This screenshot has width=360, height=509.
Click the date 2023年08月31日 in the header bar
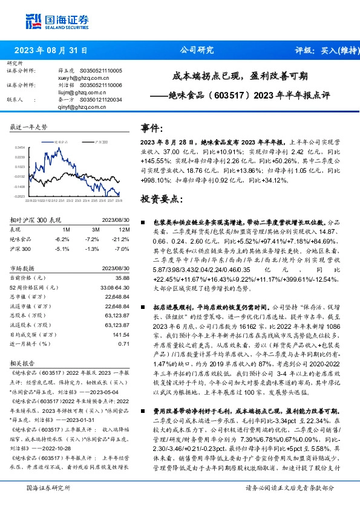51,51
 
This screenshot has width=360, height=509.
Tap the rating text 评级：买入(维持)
325,51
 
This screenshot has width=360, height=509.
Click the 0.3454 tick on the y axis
20,148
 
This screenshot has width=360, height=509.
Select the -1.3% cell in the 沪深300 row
93,248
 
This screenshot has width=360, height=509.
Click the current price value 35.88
123,277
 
